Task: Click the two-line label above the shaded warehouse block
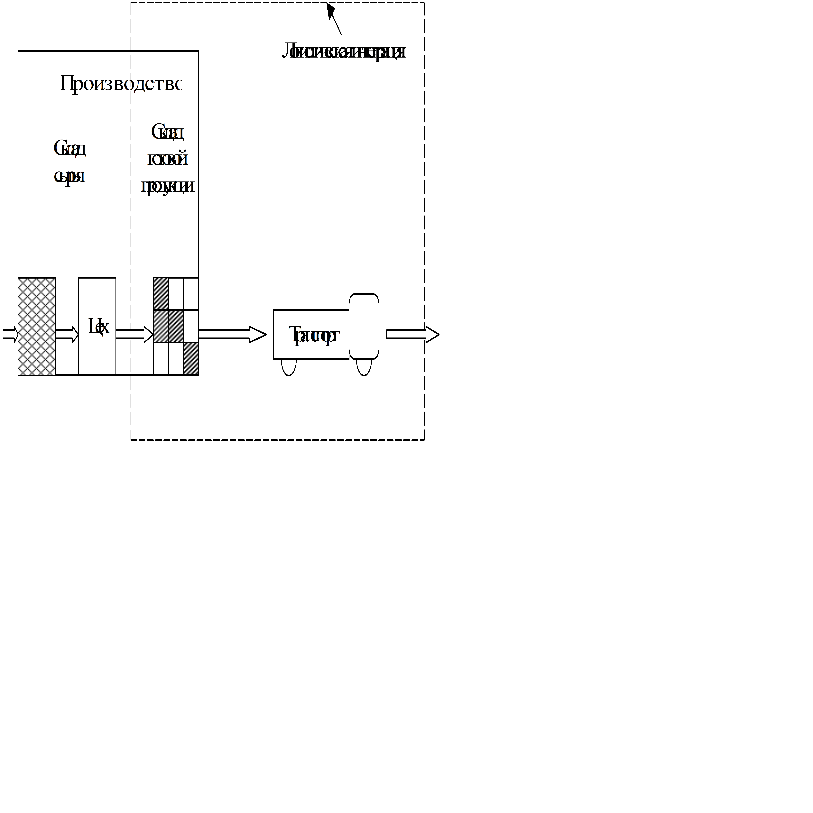click(x=70, y=162)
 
